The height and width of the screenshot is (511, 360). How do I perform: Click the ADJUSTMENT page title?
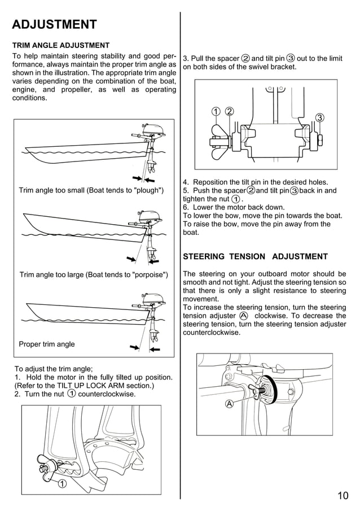pyautogui.click(x=54, y=25)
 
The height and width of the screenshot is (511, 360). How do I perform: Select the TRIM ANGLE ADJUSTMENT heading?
pyautogui.click(x=61, y=45)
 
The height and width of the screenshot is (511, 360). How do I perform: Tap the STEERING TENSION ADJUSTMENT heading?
pyautogui.click(x=255, y=256)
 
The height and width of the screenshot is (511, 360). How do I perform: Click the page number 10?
pyautogui.click(x=343, y=496)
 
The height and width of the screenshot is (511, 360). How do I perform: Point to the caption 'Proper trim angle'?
pyautogui.click(x=47, y=344)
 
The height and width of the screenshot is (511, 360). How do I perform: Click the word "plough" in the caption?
pyautogui.click(x=147, y=190)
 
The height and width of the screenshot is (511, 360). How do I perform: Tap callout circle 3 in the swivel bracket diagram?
pyautogui.click(x=319, y=117)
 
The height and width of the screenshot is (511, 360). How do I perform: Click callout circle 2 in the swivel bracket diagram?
pyautogui.click(x=229, y=111)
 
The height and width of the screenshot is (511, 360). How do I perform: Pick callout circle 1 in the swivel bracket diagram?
pyautogui.click(x=216, y=111)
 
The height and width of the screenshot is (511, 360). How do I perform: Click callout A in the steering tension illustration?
pyautogui.click(x=229, y=404)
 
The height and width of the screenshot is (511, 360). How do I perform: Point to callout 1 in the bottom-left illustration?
pyautogui.click(x=62, y=483)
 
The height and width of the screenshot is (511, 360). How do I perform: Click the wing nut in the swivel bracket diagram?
pyautogui.click(x=217, y=140)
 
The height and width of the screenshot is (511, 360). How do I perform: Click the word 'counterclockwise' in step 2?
pyautogui.click(x=107, y=394)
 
